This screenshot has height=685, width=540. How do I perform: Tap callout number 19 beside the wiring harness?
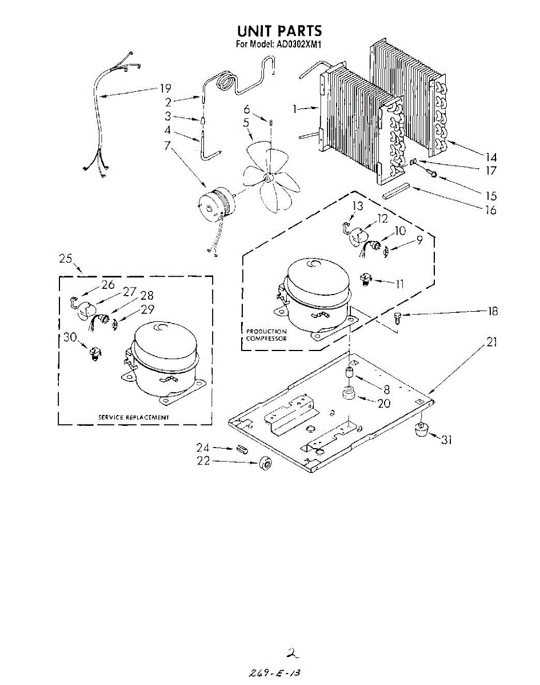coord(165,88)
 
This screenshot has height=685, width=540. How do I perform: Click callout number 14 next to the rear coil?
coord(490,156)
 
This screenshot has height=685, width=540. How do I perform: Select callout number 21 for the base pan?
coord(491,342)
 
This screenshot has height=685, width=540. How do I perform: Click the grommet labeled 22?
coord(264,464)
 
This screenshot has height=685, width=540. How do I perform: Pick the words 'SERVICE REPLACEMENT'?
coord(134,417)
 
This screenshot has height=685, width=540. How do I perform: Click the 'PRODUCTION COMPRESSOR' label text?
coord(266,335)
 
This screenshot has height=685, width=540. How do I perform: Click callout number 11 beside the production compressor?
coord(399,283)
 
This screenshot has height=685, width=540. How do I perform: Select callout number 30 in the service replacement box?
coord(70,337)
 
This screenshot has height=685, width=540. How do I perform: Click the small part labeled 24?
coord(239,448)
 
